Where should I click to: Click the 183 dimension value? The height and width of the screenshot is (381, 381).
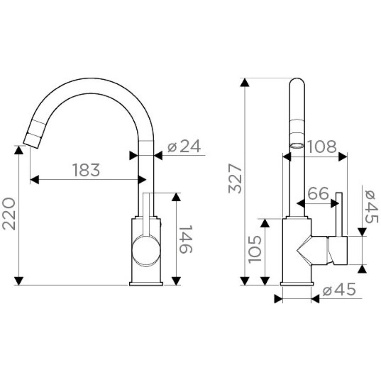coord(86,170)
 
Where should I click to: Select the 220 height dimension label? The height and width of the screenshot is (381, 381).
coord(9,214)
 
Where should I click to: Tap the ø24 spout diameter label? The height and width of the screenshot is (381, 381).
coord(185,146)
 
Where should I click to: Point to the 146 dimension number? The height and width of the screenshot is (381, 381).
coord(186,239)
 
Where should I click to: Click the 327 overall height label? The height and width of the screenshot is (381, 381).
coord(235,179)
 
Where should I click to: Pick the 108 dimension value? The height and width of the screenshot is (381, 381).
coord(322,146)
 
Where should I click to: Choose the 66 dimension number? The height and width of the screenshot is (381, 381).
coord(318,193)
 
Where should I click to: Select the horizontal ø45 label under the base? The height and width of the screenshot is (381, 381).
coord(339,290)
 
